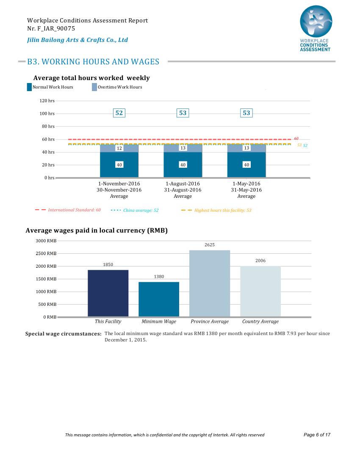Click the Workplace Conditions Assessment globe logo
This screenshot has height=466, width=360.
(316, 22)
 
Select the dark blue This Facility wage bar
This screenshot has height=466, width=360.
(108, 293)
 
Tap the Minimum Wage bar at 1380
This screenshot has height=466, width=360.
(159, 299)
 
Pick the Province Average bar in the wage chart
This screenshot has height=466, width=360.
(210, 283)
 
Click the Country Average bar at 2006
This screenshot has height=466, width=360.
(260, 291)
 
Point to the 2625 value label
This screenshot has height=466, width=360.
(210, 244)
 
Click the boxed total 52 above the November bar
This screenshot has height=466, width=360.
(119, 113)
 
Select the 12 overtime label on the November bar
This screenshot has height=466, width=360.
(119, 148)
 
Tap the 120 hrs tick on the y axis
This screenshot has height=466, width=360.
(47, 101)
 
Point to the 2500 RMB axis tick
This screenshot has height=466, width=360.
(46, 253)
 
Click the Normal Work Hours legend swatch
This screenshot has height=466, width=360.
(29, 87)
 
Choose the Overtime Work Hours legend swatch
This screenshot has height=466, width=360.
(94, 87)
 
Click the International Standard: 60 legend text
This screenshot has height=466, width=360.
(75, 210)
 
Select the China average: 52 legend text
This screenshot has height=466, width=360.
(141, 210)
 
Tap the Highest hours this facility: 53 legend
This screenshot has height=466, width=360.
(223, 210)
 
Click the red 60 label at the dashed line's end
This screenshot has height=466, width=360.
(296, 139)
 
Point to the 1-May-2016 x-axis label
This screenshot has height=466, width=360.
(246, 184)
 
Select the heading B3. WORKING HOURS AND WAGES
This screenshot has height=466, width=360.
(93, 61)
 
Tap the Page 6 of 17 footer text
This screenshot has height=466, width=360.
(317, 435)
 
